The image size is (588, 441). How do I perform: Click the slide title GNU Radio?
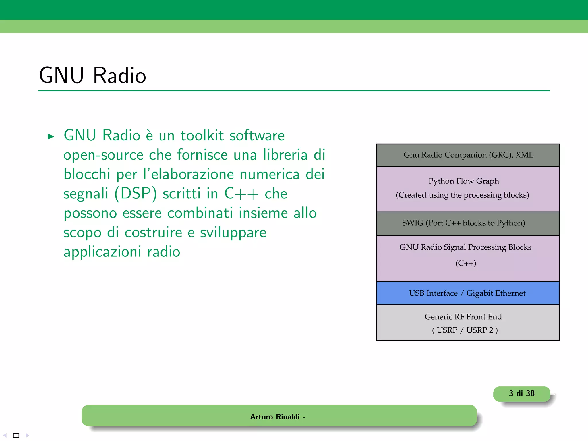(x=92, y=75)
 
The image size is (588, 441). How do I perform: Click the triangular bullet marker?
(x=51, y=136)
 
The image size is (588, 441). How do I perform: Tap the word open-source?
(x=103, y=155)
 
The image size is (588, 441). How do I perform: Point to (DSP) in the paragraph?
(x=136, y=194)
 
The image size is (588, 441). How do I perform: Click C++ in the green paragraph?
(x=241, y=194)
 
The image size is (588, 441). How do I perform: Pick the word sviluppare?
(x=233, y=233)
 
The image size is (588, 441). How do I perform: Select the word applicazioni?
(x=102, y=252)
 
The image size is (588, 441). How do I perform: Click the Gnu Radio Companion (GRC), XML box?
(x=468, y=155)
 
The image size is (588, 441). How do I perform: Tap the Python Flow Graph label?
(x=464, y=181)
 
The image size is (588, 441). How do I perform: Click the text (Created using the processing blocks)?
(x=462, y=195)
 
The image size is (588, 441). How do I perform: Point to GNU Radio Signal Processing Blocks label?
(x=465, y=247)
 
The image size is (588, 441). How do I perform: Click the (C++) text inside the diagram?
(x=466, y=263)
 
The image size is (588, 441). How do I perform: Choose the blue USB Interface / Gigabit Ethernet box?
(x=467, y=293)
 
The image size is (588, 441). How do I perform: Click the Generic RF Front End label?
(x=463, y=317)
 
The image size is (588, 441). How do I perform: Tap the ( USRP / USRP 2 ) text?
(x=465, y=330)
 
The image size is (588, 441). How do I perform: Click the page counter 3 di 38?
(x=522, y=394)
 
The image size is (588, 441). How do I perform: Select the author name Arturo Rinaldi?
(x=275, y=417)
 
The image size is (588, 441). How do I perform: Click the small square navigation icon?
(x=16, y=435)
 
